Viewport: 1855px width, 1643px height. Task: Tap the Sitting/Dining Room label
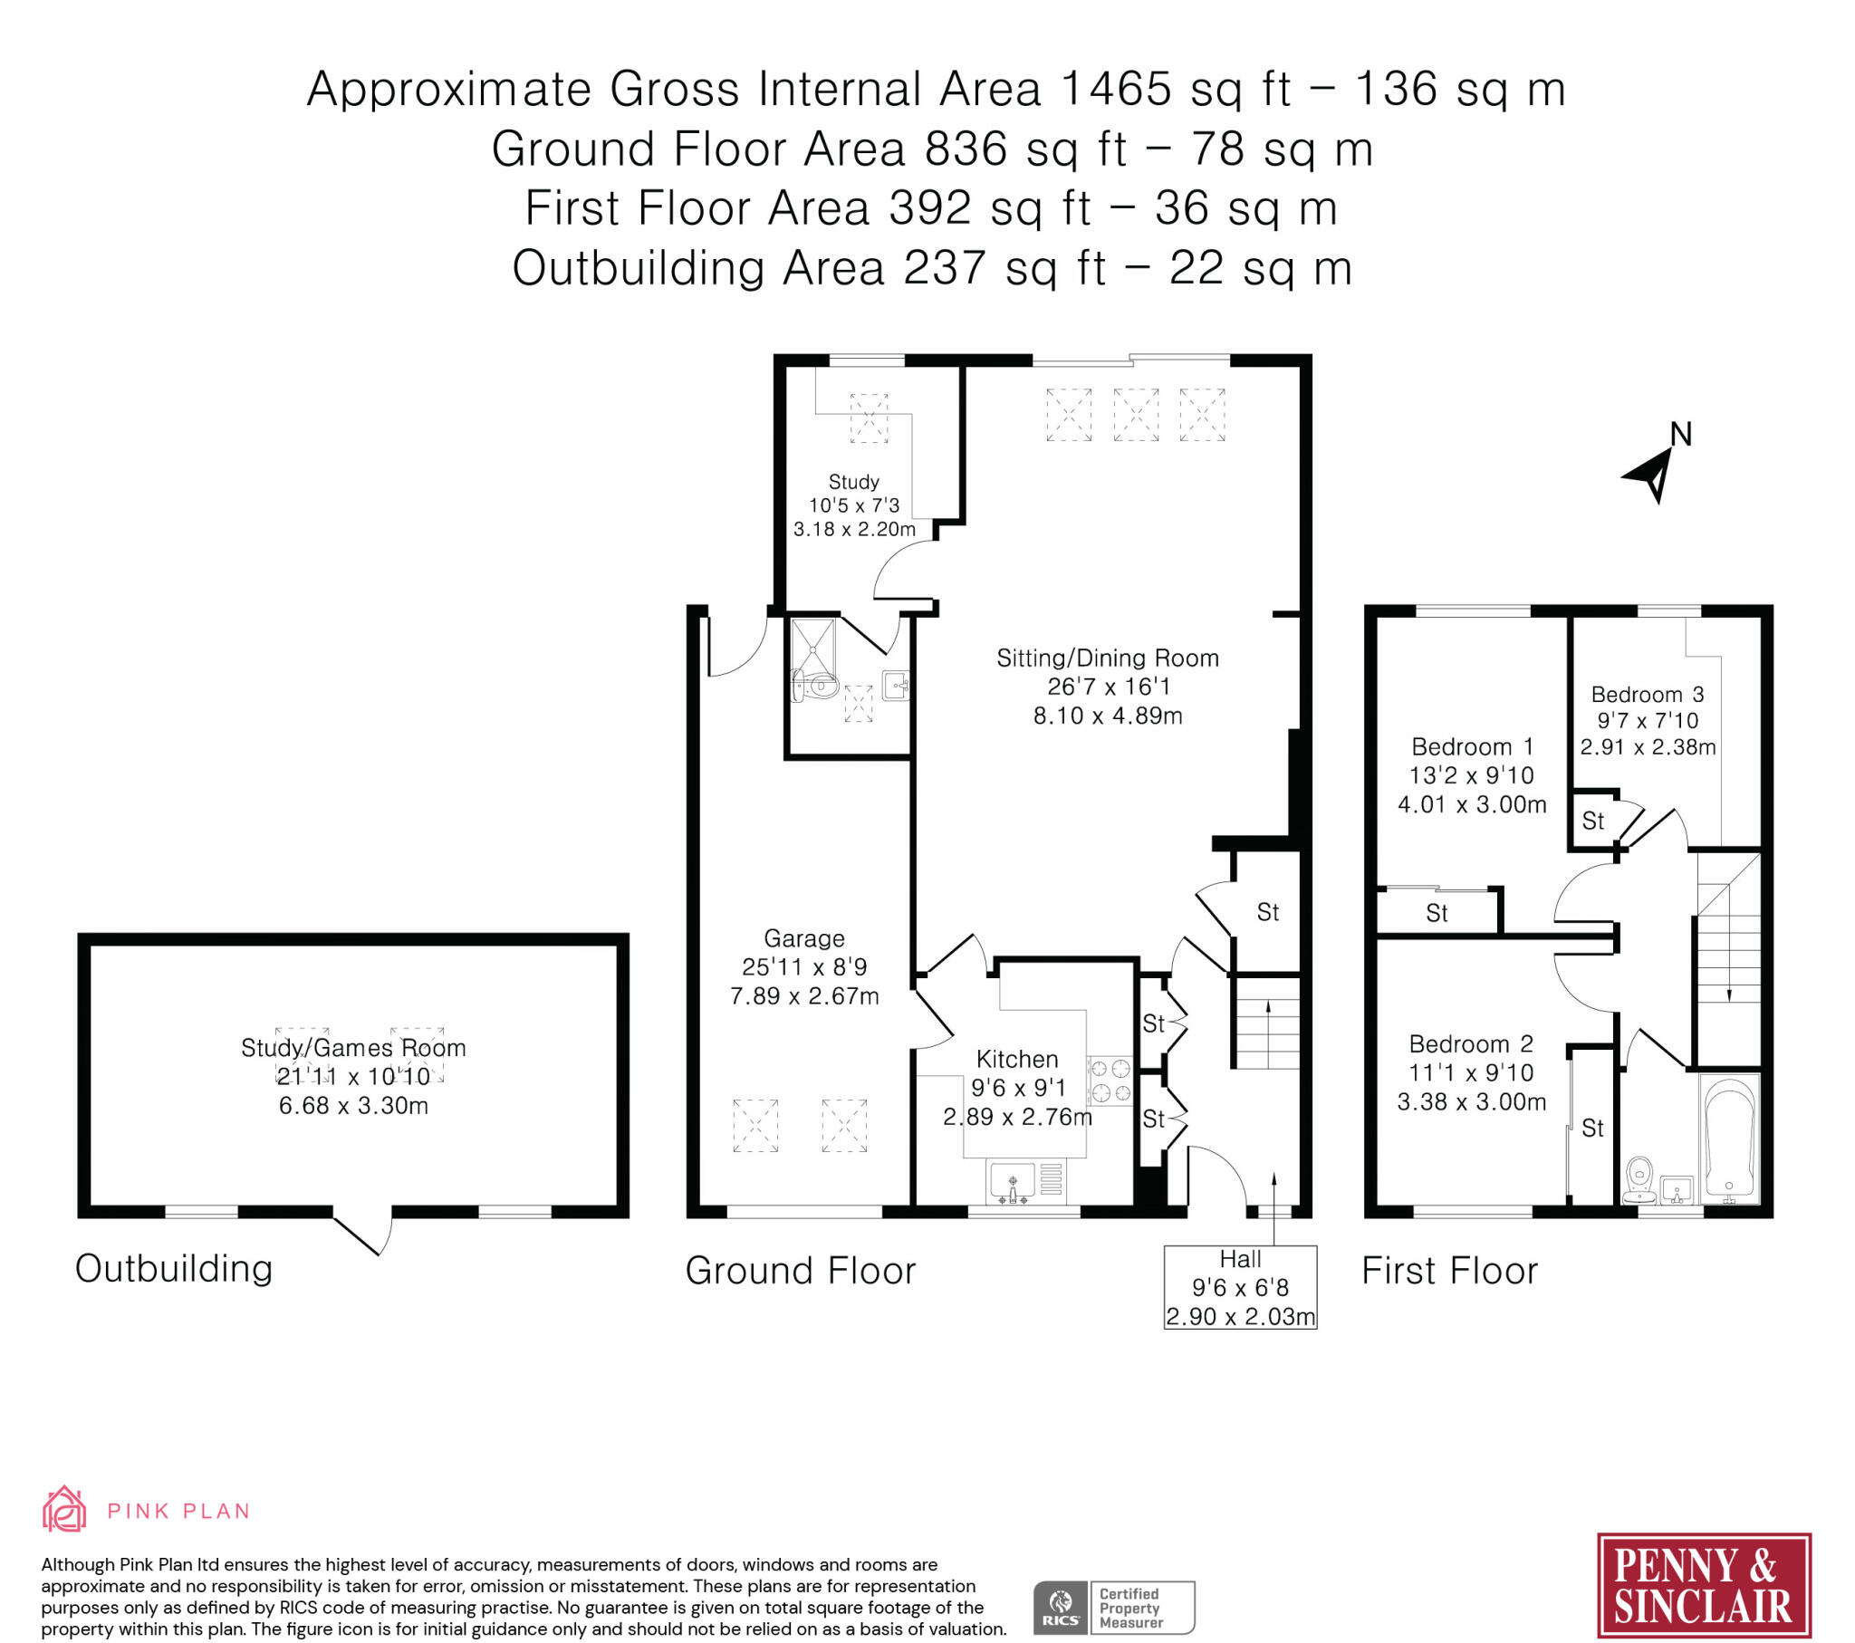pos(1107,658)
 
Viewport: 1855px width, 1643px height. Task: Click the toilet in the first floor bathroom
pos(1639,1178)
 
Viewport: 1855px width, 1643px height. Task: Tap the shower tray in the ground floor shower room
pos(813,647)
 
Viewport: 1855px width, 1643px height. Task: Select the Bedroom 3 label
pos(1648,695)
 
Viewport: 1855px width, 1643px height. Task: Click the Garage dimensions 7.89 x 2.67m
pos(804,995)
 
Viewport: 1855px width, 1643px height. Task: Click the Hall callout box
pos(1240,1287)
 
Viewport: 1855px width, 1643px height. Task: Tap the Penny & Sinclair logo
pos(1704,1585)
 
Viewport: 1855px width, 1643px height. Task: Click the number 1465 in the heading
pos(1115,89)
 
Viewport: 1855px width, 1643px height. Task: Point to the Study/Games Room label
pos(353,1048)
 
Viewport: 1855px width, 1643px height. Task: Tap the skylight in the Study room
pos(869,418)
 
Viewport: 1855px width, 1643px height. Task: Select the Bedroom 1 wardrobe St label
pos(1437,912)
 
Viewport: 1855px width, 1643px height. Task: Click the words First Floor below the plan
pos(1449,1270)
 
